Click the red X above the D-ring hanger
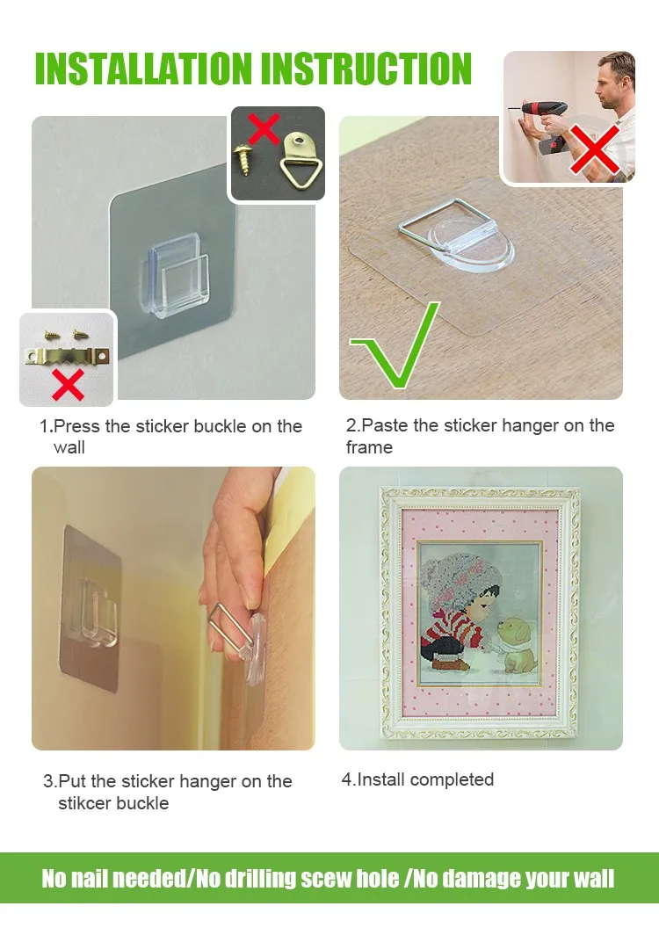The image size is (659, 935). [264, 128]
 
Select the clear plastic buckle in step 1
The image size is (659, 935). [177, 264]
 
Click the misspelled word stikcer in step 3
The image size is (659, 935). [87, 803]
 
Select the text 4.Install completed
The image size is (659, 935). [417, 779]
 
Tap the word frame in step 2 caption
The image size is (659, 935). [369, 447]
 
